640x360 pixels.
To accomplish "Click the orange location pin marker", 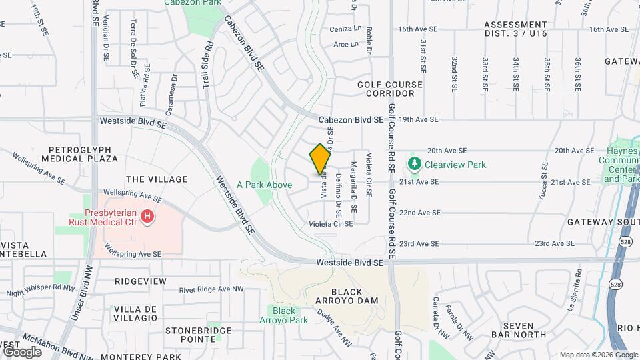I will [320, 159].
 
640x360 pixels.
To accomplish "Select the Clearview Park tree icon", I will [414, 164].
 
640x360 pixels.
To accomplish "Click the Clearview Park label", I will [455, 165].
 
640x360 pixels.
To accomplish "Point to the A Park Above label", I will [265, 185].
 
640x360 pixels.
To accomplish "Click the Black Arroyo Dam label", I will [354, 296].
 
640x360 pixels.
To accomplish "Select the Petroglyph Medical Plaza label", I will [79, 154].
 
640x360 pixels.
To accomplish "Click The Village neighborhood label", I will [157, 179].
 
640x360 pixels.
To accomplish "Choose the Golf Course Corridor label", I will [390, 89].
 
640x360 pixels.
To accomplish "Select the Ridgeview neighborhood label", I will [141, 282].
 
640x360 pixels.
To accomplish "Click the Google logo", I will [22, 352].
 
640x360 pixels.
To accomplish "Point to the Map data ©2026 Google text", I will [597, 355].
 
